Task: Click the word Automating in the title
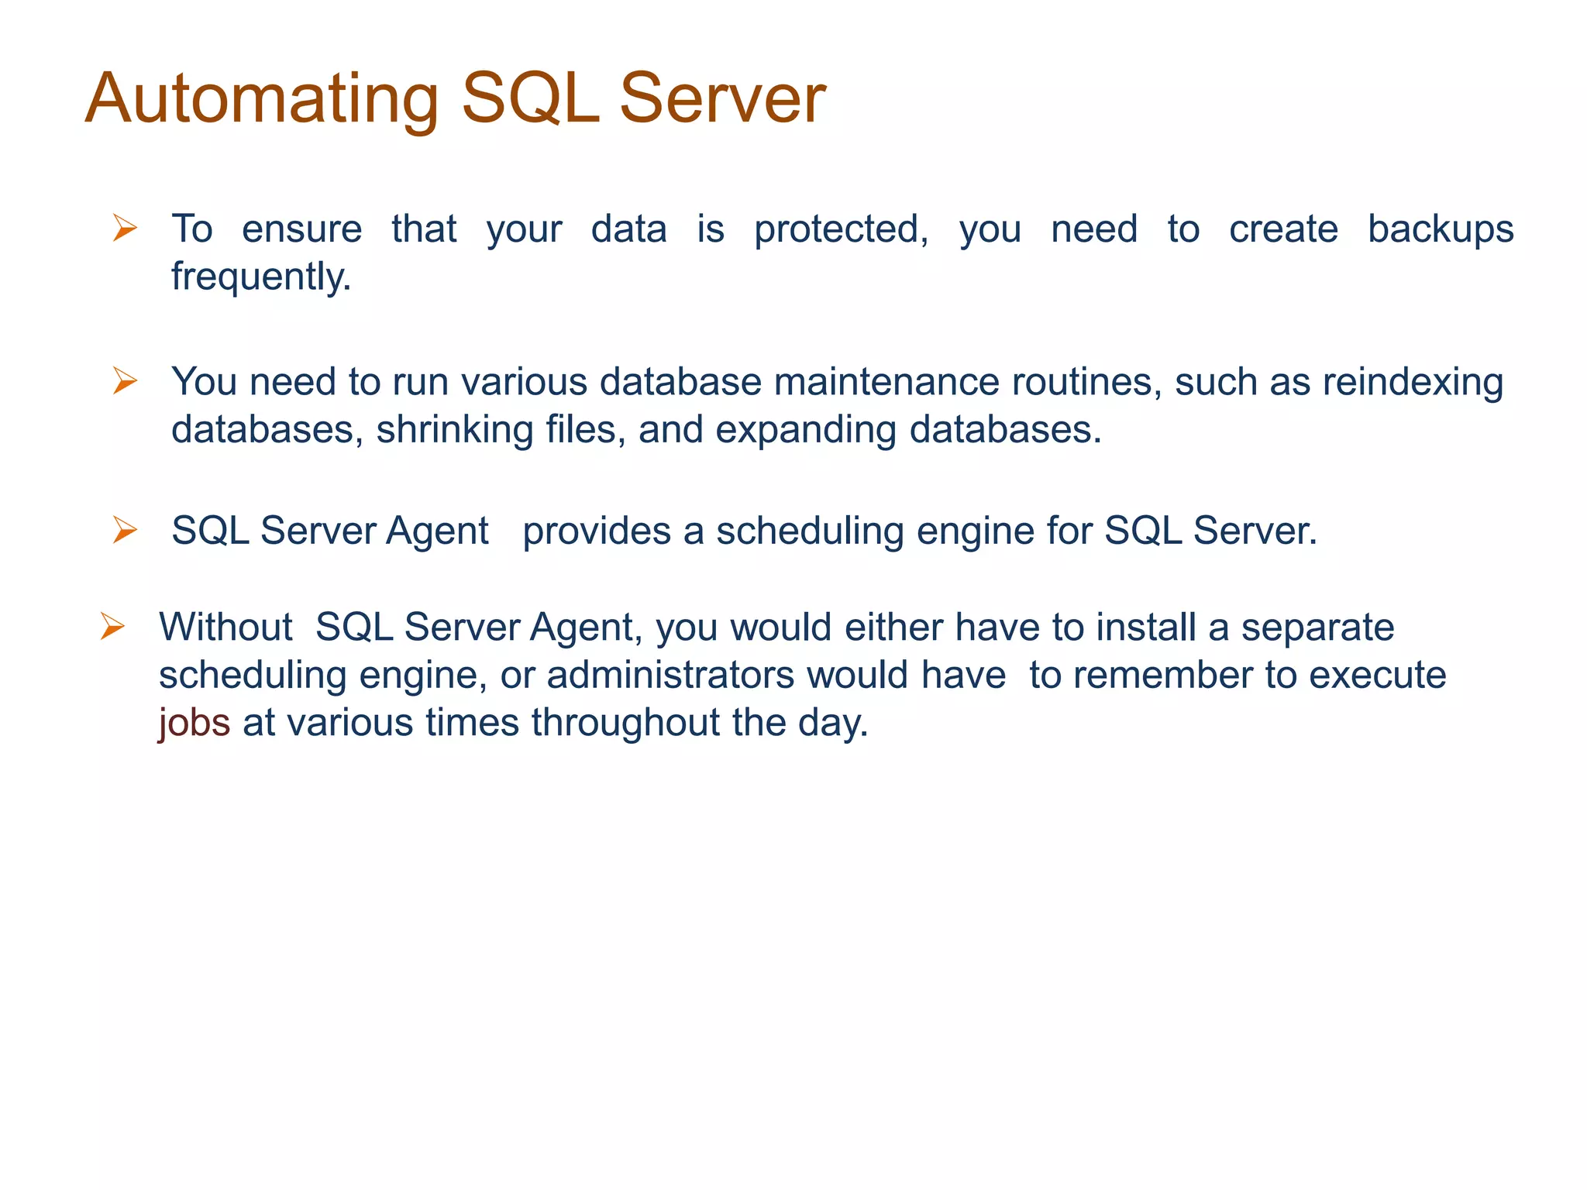pyautogui.click(x=262, y=99)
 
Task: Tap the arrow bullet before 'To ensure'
pyautogui.click(x=125, y=229)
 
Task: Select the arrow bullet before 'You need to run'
pyautogui.click(x=125, y=381)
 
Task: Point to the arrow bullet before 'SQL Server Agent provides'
pyautogui.click(x=125, y=531)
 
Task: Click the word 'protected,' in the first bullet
pyautogui.click(x=841, y=230)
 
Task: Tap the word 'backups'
pyautogui.click(x=1440, y=229)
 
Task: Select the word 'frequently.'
pyautogui.click(x=261, y=277)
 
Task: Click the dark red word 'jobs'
pyautogui.click(x=194, y=724)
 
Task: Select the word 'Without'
pyautogui.click(x=225, y=627)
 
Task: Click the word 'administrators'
pyautogui.click(x=670, y=675)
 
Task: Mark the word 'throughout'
pyautogui.click(x=625, y=723)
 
